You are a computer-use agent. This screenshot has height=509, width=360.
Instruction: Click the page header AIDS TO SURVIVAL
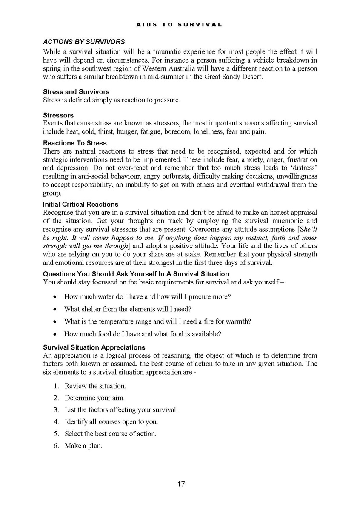(179, 25)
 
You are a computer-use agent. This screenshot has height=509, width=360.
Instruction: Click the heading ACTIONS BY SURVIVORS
(84, 42)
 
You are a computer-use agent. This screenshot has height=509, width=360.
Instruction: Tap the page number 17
(180, 484)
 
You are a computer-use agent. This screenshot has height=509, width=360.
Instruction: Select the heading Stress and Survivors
(76, 91)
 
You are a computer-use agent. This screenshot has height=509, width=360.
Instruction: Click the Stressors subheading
(58, 115)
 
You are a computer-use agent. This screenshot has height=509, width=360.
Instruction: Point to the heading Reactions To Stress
(75, 143)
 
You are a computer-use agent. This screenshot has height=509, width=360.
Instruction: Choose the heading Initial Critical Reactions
(80, 204)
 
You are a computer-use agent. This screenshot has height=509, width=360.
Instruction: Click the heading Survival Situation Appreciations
(94, 347)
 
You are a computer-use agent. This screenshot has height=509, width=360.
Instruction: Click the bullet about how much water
(147, 296)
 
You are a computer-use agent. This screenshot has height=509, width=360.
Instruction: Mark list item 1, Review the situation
(95, 386)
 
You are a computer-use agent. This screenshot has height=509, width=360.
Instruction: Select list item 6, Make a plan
(83, 446)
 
